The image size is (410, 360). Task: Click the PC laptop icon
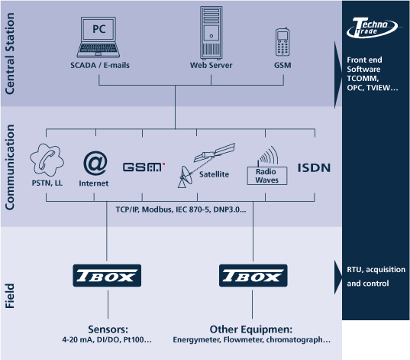click(98, 37)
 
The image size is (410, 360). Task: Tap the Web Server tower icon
click(211, 33)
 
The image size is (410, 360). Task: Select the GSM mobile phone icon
click(282, 42)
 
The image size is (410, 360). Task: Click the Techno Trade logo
click(372, 28)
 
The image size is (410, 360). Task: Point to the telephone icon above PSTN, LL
click(47, 160)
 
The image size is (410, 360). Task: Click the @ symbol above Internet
click(95, 163)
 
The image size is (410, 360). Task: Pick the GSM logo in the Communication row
click(144, 167)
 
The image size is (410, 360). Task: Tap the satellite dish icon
click(186, 177)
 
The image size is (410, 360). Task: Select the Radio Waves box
click(267, 176)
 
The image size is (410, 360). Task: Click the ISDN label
click(314, 168)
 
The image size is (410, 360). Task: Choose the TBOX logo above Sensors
click(107, 275)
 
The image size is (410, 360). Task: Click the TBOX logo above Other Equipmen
click(253, 275)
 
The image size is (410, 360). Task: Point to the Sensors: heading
click(108, 329)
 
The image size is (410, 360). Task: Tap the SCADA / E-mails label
click(100, 65)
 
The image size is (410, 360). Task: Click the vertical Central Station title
click(10, 54)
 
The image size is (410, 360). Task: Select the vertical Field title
click(10, 296)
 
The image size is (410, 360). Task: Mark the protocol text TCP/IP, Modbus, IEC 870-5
click(163, 209)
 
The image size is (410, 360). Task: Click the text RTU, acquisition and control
click(376, 277)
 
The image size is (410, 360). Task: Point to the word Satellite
click(214, 174)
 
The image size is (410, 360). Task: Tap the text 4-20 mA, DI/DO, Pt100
click(104, 339)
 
